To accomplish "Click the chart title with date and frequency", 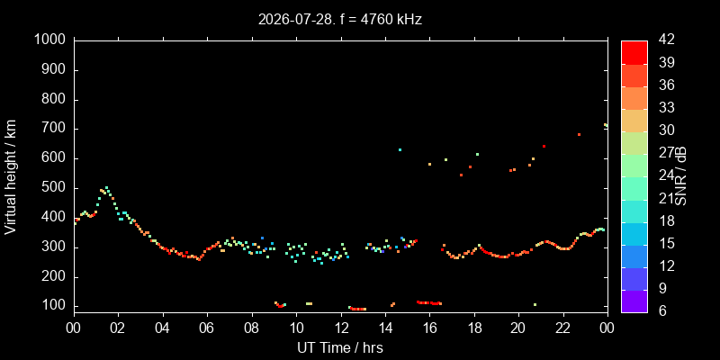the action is [x=340, y=19].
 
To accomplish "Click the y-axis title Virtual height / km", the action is [x=11, y=176].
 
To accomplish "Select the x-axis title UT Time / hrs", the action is [x=340, y=347].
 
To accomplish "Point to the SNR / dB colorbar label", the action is [x=681, y=176].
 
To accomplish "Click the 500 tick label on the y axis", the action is [x=57, y=188].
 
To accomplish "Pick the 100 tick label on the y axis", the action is [x=57, y=306].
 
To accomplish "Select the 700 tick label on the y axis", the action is [x=57, y=129].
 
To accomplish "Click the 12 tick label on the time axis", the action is [x=341, y=328].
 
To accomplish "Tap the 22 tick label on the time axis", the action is [x=563, y=328].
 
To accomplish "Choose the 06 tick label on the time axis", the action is [x=208, y=328].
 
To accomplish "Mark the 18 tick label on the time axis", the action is [x=474, y=328].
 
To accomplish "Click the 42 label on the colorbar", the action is [x=666, y=40].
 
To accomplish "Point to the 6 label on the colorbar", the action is [x=662, y=311].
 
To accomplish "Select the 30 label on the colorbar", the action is [x=666, y=130].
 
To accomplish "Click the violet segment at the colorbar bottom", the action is [x=634, y=301].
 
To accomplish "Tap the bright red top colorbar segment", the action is [x=634, y=52].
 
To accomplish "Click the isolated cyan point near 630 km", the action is [x=400, y=149].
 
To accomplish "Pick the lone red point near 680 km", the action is [x=579, y=134].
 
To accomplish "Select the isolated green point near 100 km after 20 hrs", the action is [x=535, y=304].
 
